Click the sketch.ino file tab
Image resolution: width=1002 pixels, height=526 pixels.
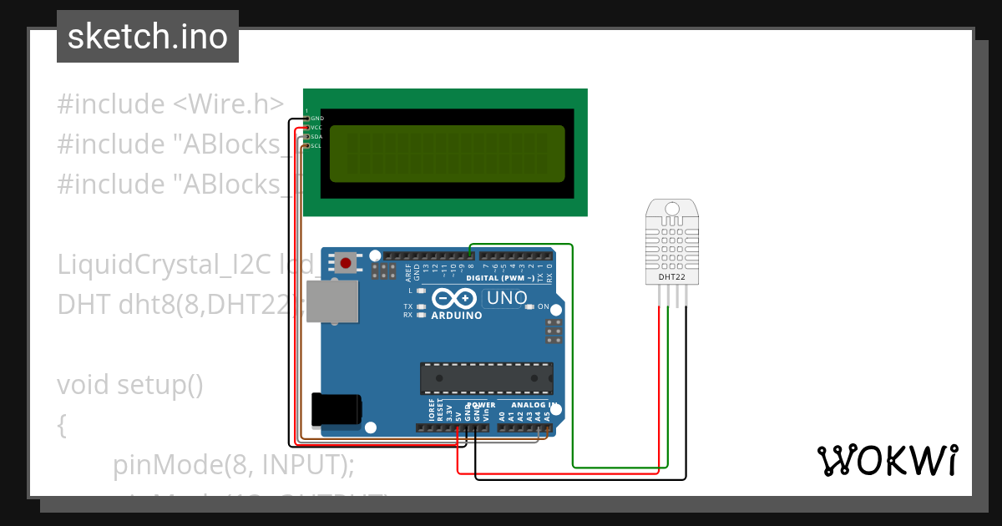coord(148,37)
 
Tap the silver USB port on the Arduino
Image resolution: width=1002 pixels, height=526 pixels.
coord(331,301)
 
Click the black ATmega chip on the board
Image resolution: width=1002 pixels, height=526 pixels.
coord(486,378)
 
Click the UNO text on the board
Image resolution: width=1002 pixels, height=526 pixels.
coord(506,298)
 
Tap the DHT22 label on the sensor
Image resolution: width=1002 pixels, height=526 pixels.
coord(672,276)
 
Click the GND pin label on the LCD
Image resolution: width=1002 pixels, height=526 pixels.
coord(316,119)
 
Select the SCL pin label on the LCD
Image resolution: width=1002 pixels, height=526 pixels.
coord(316,146)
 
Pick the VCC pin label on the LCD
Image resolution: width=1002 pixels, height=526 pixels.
coord(316,128)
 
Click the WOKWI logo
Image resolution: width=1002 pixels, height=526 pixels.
coord(888,460)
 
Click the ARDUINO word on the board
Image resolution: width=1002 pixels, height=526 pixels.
coord(456,316)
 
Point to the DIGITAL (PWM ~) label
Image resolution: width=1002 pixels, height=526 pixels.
coord(501,277)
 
